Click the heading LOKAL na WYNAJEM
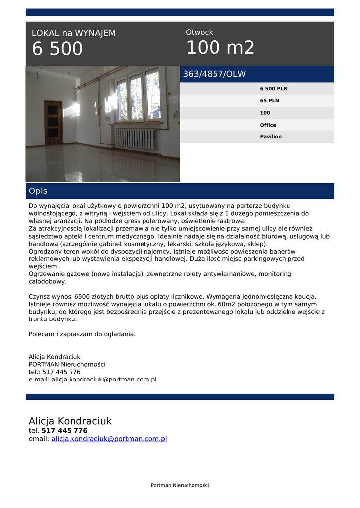(x=73, y=33)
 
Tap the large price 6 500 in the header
(x=58, y=49)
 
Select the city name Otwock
(x=199, y=32)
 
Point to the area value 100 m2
(x=220, y=48)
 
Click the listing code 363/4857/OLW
(x=215, y=74)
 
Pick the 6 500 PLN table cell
(x=274, y=89)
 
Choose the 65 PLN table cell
(x=270, y=101)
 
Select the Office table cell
(x=268, y=125)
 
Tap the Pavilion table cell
(x=271, y=137)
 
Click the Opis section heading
(x=38, y=191)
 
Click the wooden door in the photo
(x=53, y=123)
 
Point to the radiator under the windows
(x=136, y=138)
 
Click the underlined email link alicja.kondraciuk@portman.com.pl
(x=109, y=439)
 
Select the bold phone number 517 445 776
(x=65, y=431)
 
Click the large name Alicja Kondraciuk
(x=70, y=421)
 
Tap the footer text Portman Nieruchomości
(x=180, y=485)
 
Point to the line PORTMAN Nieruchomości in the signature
(x=67, y=364)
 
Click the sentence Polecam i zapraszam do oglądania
(x=82, y=334)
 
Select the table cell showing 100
(x=265, y=113)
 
